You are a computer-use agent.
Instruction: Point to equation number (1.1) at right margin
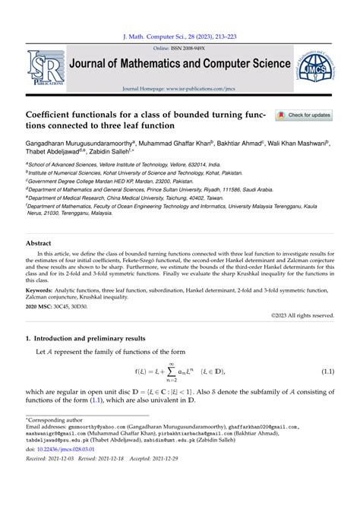point(327,371)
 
